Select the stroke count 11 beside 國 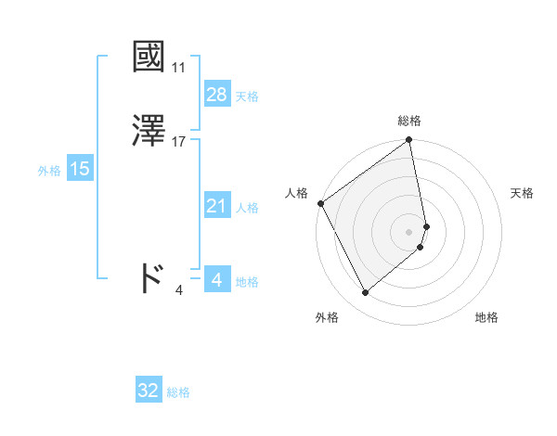coord(178,68)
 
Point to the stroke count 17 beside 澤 coord(179,142)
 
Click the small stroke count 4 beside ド coord(179,290)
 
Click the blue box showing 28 coord(216,95)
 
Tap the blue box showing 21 coord(216,206)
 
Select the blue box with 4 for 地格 coord(216,279)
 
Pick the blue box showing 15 coord(80,169)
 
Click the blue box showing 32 coord(149,391)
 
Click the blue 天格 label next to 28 coord(247,96)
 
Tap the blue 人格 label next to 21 coord(247,208)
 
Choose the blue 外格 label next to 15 coord(49,171)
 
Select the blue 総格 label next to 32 coord(178,392)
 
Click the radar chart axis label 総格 coord(409,121)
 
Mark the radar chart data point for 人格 coord(320,203)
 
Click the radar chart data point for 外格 coord(366,293)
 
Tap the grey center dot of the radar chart coord(409,231)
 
